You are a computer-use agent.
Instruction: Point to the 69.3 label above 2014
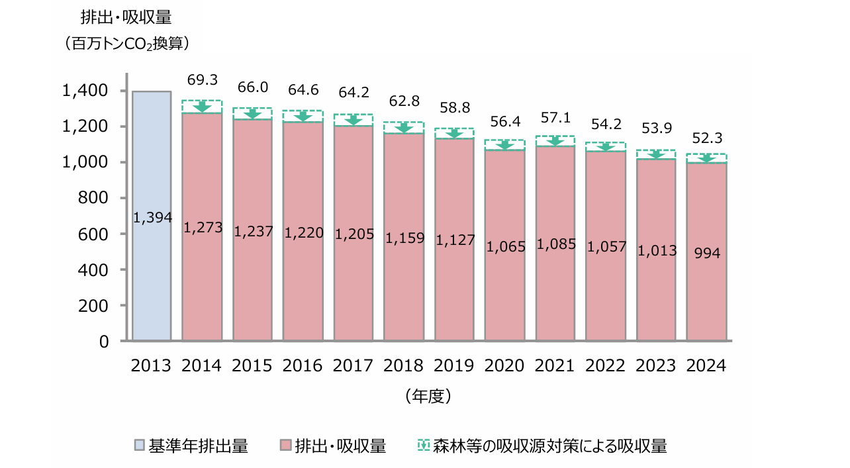203,80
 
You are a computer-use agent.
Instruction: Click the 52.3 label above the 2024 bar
708,138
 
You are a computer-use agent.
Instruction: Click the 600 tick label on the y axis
95,234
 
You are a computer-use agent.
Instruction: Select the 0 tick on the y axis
105,342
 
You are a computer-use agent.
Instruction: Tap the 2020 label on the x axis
504,365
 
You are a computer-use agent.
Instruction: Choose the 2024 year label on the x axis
706,365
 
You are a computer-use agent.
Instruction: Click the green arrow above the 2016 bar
303,117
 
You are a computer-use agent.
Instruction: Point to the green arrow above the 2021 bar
555,141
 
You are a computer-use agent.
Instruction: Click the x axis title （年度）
428,397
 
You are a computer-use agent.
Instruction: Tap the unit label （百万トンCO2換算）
128,44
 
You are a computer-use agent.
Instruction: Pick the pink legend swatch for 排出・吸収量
285,446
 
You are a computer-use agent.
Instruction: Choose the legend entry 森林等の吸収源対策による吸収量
549,446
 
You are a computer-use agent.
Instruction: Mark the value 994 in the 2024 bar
708,252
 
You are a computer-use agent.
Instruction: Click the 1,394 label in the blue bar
152,217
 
